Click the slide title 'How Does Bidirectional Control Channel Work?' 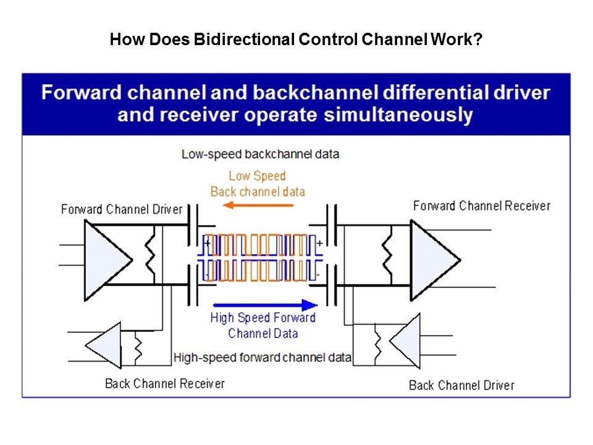coord(296,41)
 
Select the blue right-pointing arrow coord(264,305)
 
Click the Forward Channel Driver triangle coord(105,256)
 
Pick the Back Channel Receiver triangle coord(103,345)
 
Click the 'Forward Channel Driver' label coord(122,210)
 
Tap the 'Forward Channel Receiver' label coord(481,206)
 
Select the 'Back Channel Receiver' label coord(165,384)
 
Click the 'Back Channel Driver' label coord(461,386)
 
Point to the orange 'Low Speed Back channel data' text coord(258,184)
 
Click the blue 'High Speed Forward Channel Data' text coord(263,326)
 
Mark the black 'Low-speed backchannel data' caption coord(260,153)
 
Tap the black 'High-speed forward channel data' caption coord(263,357)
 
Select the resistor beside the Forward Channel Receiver coord(387,256)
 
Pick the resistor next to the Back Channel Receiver coord(138,347)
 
